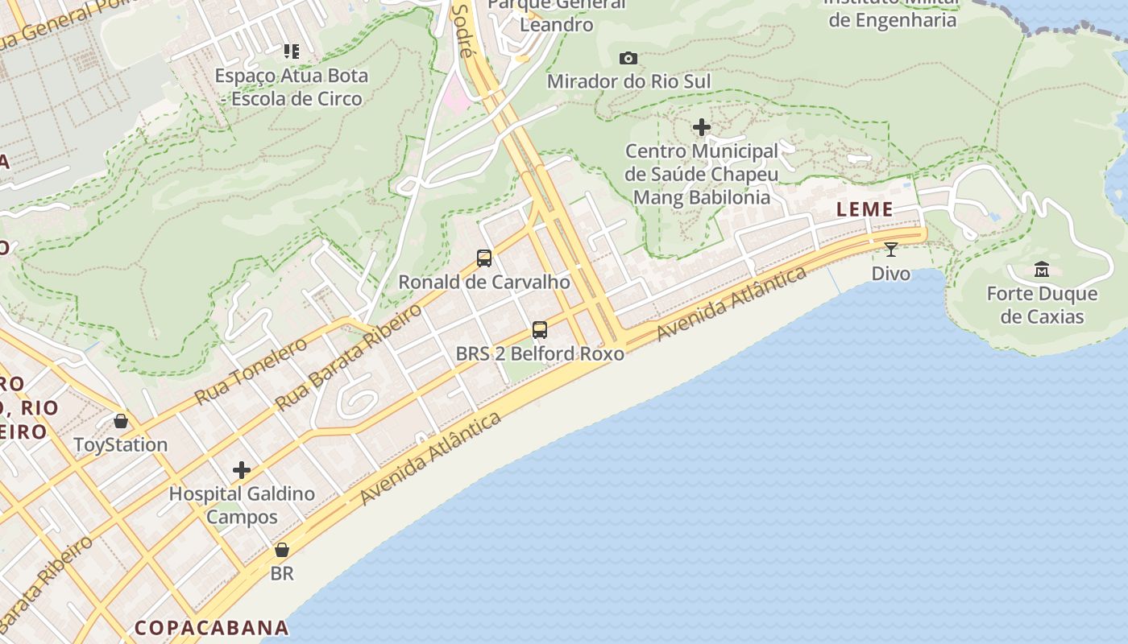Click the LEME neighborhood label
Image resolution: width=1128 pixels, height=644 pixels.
point(865,210)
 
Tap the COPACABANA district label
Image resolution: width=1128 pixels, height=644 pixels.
point(212,628)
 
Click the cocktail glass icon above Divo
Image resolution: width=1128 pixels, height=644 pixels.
point(890,250)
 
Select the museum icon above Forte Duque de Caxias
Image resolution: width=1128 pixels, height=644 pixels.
point(1041,269)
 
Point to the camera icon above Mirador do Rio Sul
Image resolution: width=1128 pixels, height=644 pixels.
point(628,58)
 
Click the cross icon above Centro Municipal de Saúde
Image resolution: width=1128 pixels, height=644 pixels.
point(702,127)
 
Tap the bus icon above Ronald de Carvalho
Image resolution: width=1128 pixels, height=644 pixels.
point(484,258)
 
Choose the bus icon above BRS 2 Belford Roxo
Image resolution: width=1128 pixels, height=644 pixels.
point(540,330)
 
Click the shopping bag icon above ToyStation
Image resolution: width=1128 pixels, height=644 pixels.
point(121,421)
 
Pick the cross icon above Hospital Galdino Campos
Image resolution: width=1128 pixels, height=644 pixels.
point(241,470)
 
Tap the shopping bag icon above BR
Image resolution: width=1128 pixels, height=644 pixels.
point(282,550)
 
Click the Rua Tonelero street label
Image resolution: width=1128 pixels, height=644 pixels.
point(251,371)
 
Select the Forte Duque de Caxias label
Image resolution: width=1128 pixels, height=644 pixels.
point(1042,305)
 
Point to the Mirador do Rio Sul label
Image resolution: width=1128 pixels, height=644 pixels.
point(628,81)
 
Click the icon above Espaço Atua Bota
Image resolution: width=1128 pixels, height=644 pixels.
point(292,52)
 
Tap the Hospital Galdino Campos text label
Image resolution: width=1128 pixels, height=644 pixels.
point(242,506)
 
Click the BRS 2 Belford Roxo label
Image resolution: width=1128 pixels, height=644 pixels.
point(540,353)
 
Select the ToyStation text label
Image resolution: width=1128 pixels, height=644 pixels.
point(121,444)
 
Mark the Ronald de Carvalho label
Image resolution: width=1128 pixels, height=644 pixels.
point(484,282)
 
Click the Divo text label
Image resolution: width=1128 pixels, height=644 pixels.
point(890,274)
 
